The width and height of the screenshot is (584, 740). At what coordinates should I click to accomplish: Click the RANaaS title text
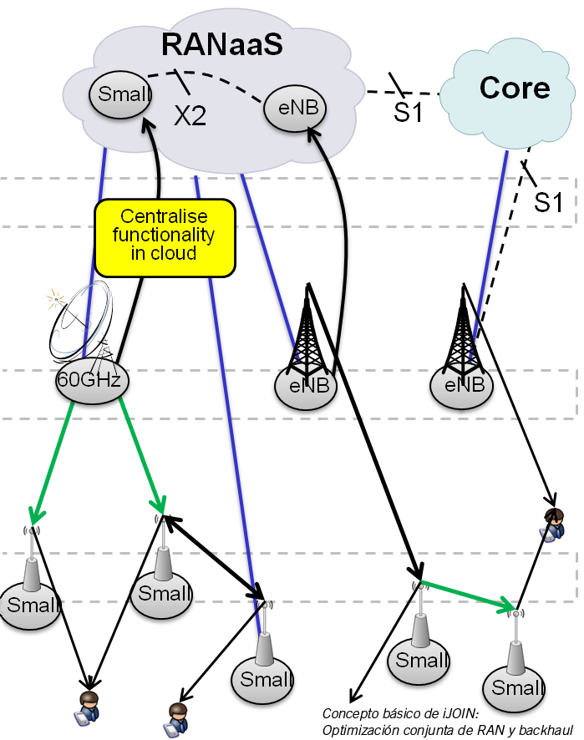(x=221, y=43)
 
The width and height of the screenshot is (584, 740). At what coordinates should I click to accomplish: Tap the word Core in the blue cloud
(x=515, y=88)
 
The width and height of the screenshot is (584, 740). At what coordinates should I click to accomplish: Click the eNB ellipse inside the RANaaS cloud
(x=296, y=108)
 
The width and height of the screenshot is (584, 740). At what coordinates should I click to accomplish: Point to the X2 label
(x=190, y=117)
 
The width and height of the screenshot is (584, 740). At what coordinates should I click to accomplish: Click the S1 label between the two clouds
(x=409, y=112)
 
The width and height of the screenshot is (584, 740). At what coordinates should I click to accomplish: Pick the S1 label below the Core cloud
(x=548, y=202)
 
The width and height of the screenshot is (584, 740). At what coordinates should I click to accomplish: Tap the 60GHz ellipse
(x=89, y=381)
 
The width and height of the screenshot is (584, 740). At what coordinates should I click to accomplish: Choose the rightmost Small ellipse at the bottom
(x=514, y=688)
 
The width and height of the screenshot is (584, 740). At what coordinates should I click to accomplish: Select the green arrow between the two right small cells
(x=468, y=592)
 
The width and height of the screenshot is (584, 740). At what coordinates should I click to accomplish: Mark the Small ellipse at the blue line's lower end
(x=264, y=679)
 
